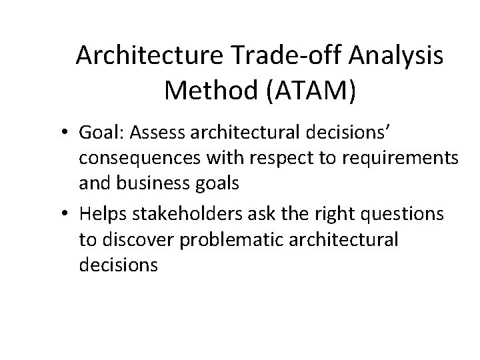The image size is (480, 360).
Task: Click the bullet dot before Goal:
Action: pos(69,133)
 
